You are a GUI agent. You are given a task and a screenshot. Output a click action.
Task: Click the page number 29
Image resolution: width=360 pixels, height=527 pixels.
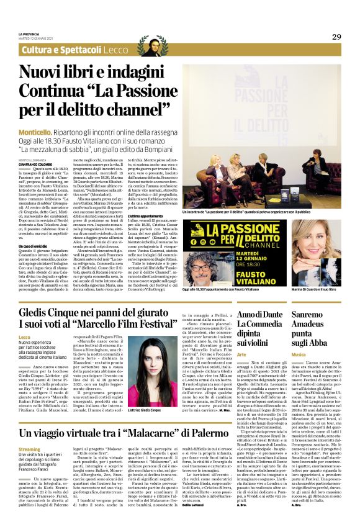click(336, 37)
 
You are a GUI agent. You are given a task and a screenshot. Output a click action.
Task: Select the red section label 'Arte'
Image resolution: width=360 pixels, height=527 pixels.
click(241, 353)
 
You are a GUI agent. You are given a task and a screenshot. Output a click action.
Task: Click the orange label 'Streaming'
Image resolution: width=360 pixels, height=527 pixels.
click(29, 448)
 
